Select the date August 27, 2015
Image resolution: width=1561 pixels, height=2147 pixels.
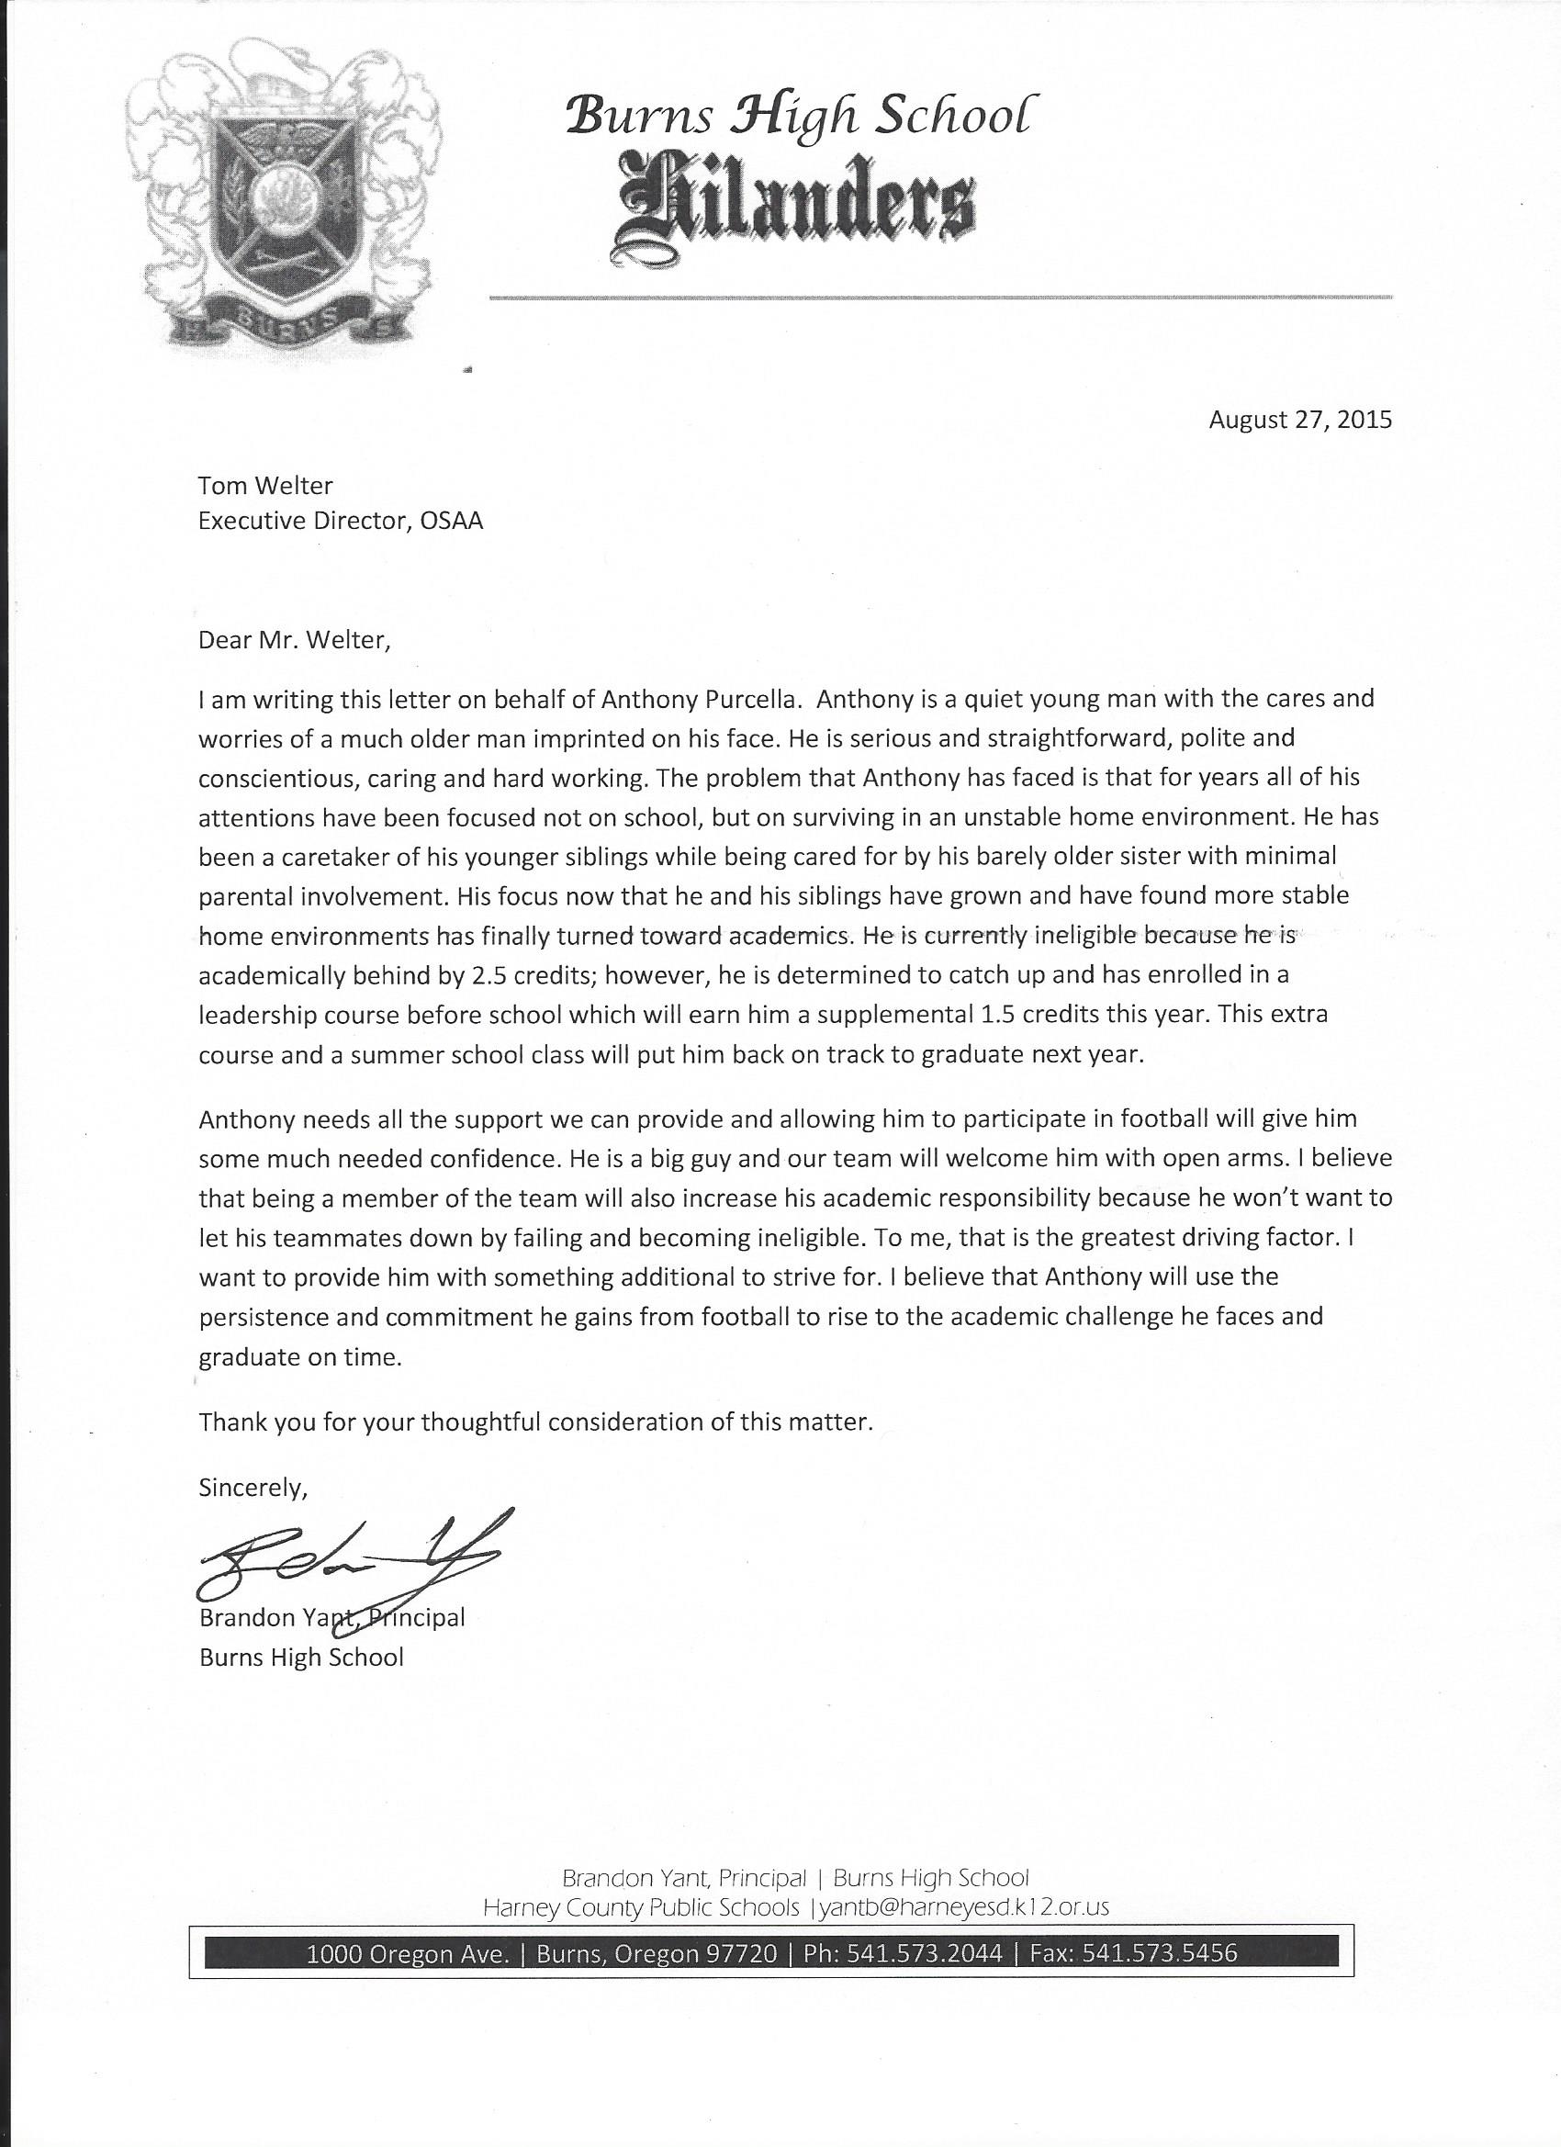point(1299,420)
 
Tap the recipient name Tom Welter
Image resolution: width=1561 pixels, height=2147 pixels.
point(265,486)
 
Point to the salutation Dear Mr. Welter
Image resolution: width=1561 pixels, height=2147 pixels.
point(294,640)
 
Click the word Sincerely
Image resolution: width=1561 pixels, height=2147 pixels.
point(253,1487)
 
